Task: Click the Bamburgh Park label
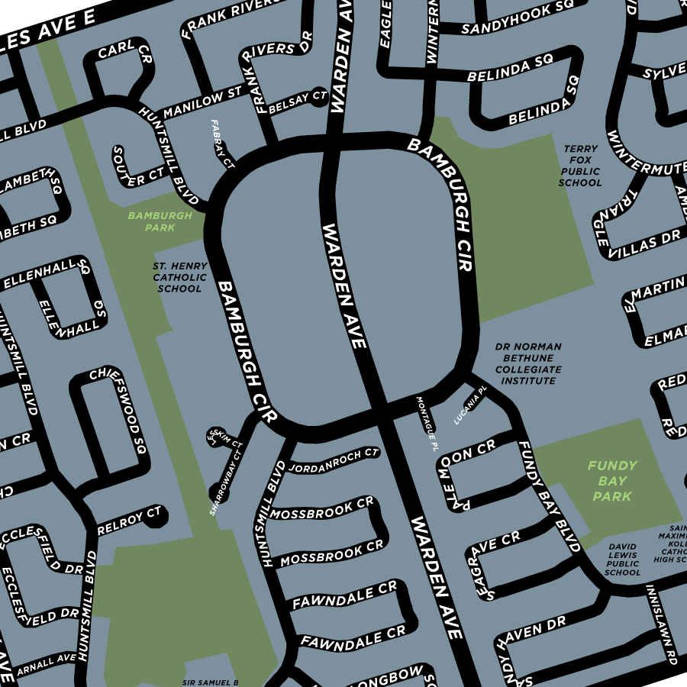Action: (x=160, y=221)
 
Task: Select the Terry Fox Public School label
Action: (x=580, y=166)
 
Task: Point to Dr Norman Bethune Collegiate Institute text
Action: (x=528, y=363)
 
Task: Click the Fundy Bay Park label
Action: (x=612, y=481)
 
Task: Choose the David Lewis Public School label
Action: (x=623, y=560)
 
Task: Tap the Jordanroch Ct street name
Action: (x=334, y=460)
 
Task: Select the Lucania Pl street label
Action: (x=470, y=405)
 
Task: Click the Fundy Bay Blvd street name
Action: (x=548, y=496)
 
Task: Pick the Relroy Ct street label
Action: (x=130, y=519)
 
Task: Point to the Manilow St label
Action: (x=202, y=103)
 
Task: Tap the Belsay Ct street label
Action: (x=298, y=99)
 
